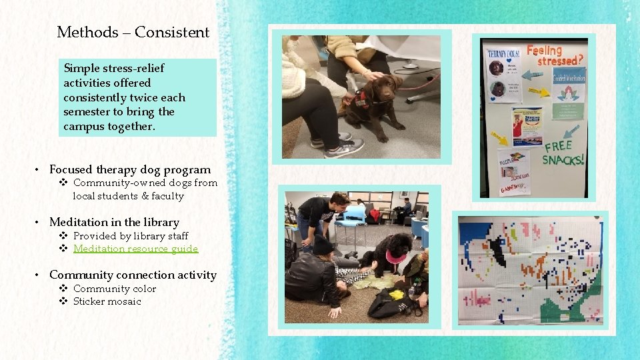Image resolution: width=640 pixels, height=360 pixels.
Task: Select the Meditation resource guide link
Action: tap(135, 249)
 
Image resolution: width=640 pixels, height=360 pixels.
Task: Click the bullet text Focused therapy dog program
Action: tap(129, 169)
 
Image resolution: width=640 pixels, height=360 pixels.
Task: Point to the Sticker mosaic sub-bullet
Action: tap(107, 301)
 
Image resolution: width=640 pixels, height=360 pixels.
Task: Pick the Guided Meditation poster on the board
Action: tap(569, 83)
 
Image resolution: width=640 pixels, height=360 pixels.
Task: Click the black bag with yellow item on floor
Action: tap(393, 303)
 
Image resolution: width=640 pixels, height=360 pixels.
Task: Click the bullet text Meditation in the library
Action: tap(114, 222)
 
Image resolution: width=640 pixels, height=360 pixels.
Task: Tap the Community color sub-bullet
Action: tap(114, 289)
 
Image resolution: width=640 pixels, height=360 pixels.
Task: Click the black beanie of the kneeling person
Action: tap(323, 245)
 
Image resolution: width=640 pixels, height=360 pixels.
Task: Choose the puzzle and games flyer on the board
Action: tap(514, 170)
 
